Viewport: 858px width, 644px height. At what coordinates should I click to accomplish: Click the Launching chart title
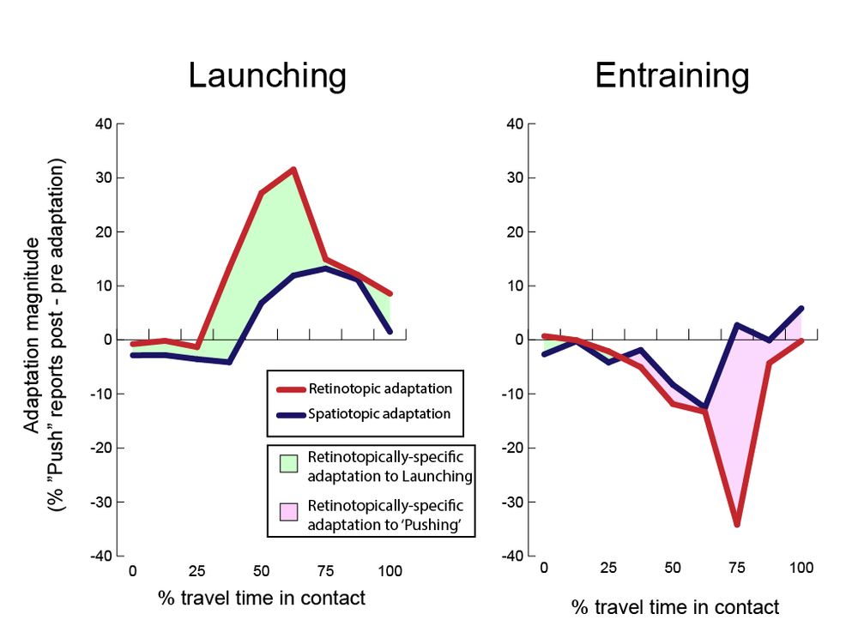tap(267, 75)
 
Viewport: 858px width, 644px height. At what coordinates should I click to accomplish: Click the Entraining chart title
tap(672, 75)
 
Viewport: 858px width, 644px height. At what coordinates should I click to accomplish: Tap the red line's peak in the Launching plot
tap(293, 169)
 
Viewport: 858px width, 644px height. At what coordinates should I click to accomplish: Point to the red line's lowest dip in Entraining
tap(736, 524)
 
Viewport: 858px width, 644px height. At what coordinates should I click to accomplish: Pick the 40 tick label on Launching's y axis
tap(104, 123)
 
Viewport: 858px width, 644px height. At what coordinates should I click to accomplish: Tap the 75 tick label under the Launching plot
tap(326, 571)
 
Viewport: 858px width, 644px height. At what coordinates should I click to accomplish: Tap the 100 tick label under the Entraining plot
tap(801, 568)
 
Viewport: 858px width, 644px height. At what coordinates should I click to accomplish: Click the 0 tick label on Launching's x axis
tap(132, 571)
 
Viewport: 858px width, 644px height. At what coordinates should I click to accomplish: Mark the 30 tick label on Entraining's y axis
tap(515, 178)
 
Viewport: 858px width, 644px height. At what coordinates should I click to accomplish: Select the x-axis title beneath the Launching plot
tap(262, 598)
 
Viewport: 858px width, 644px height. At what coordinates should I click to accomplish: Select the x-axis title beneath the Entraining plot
tap(675, 607)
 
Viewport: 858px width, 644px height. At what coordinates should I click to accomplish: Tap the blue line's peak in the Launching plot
tap(326, 268)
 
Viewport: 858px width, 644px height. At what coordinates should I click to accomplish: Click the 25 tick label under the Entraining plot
tap(607, 568)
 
